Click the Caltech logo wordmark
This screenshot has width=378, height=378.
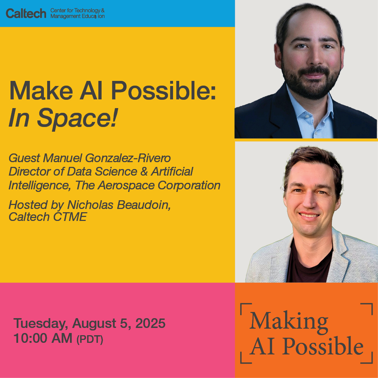pyautogui.click(x=26, y=13)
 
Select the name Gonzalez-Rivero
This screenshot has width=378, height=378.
pyautogui.click(x=128, y=158)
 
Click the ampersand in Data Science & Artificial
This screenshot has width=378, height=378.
pyautogui.click(x=144, y=172)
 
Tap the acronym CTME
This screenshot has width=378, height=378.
pyautogui.click(x=70, y=217)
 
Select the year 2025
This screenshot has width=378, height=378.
pyautogui.click(x=151, y=323)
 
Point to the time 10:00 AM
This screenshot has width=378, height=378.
pyautogui.click(x=43, y=338)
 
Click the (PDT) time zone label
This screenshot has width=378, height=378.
pyautogui.click(x=90, y=340)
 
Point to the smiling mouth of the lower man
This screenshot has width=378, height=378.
pyautogui.click(x=309, y=215)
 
